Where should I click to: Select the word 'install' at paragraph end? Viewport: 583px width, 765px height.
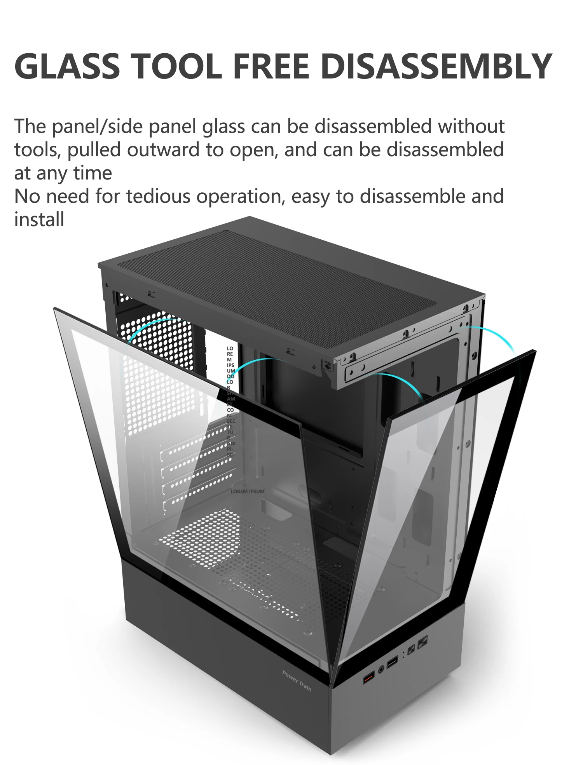point(39,220)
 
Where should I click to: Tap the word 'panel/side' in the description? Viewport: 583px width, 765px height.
point(100,127)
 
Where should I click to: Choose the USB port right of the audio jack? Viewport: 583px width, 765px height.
point(393,661)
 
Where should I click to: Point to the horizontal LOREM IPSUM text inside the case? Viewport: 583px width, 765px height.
point(247,491)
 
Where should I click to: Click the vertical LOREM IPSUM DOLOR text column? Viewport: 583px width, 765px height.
point(230,400)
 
